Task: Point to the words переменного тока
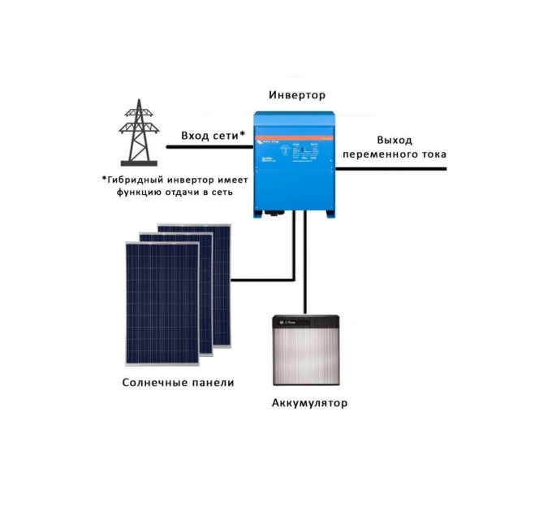[x=395, y=154]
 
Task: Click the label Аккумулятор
[x=305, y=404]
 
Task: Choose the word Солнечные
[x=152, y=383]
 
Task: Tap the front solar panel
[x=160, y=305]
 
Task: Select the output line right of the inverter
[x=390, y=168]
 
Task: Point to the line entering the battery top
[x=304, y=268]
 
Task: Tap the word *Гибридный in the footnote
[x=135, y=178]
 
